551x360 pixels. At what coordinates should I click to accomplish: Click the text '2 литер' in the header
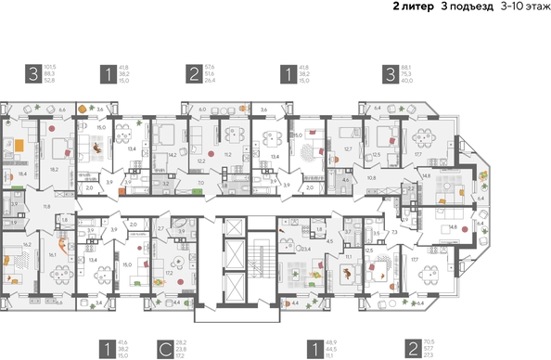(x=414, y=6)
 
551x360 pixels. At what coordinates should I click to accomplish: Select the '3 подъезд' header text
(x=468, y=6)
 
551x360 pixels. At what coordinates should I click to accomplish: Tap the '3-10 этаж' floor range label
(x=523, y=6)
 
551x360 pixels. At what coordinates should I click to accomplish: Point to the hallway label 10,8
(x=371, y=176)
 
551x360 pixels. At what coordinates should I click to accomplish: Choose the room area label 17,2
(x=169, y=273)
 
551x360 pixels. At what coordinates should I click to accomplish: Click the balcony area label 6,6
(x=62, y=110)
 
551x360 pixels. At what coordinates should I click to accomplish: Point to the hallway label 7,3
(x=394, y=231)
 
